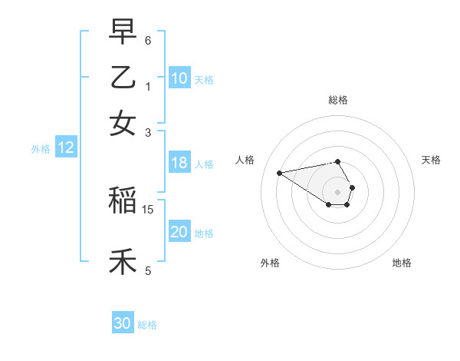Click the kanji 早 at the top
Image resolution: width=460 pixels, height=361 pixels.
point(123,32)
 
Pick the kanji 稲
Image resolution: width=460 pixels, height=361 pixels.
point(123,201)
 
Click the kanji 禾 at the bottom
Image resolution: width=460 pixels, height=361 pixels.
point(123,261)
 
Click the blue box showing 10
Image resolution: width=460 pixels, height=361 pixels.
point(179,78)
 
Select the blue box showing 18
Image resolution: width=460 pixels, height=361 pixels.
point(179,163)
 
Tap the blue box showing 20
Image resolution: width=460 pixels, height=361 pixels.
point(179,233)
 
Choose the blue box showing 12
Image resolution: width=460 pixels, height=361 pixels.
point(66,148)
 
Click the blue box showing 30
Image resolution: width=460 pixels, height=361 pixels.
point(123,323)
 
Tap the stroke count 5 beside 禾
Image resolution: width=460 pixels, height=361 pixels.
point(148,270)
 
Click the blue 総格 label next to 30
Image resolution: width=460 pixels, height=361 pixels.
point(148,325)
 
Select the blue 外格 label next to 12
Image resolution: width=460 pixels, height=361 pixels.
point(41,149)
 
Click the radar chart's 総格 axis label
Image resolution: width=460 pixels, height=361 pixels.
point(337,100)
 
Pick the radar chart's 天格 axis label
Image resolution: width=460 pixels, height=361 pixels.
point(432,160)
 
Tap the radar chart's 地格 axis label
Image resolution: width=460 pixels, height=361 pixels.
point(402,263)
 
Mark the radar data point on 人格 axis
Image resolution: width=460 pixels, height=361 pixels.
point(279,173)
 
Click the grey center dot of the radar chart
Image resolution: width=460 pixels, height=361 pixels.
point(337,192)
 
